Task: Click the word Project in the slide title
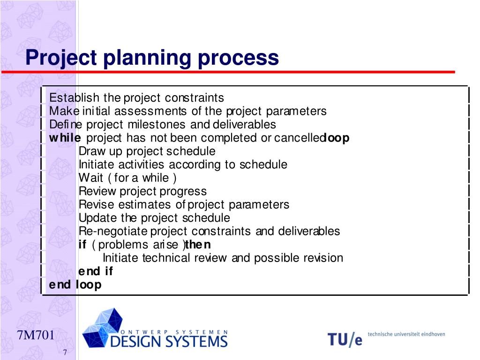61,58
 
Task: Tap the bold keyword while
65,138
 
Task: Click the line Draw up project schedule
147,151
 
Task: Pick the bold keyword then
198,245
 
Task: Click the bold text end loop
75,285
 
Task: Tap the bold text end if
96,271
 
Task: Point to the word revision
323,258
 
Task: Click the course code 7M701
36,336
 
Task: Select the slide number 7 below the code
65,352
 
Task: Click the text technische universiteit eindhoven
406,334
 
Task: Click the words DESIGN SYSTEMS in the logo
169,341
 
